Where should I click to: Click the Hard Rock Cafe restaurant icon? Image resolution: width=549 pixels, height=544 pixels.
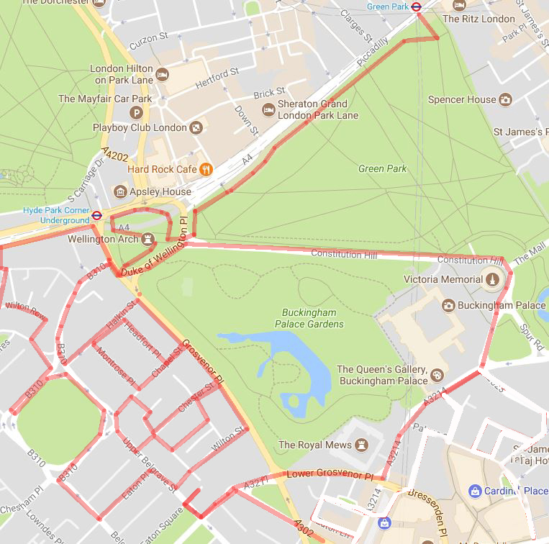point(207,169)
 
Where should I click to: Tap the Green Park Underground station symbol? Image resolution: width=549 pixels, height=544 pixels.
point(416,6)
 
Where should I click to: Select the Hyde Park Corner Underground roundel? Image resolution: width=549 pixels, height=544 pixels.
point(96,214)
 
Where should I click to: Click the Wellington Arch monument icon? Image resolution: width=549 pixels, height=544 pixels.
point(148,238)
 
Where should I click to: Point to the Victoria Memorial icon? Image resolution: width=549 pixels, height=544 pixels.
point(493,279)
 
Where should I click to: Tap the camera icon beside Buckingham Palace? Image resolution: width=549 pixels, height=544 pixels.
point(448,305)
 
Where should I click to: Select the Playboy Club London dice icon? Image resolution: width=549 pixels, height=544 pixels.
point(196,128)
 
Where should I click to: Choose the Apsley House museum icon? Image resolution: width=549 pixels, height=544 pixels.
point(120,192)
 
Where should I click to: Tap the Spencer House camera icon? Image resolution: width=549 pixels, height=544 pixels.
point(506,99)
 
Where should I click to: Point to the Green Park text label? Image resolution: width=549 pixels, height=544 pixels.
point(382,168)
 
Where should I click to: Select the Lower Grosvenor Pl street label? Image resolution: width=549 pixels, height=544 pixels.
point(330,475)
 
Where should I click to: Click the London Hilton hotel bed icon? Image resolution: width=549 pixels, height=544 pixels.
point(163,74)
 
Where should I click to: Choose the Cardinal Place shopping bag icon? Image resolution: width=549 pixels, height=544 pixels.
point(474,491)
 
